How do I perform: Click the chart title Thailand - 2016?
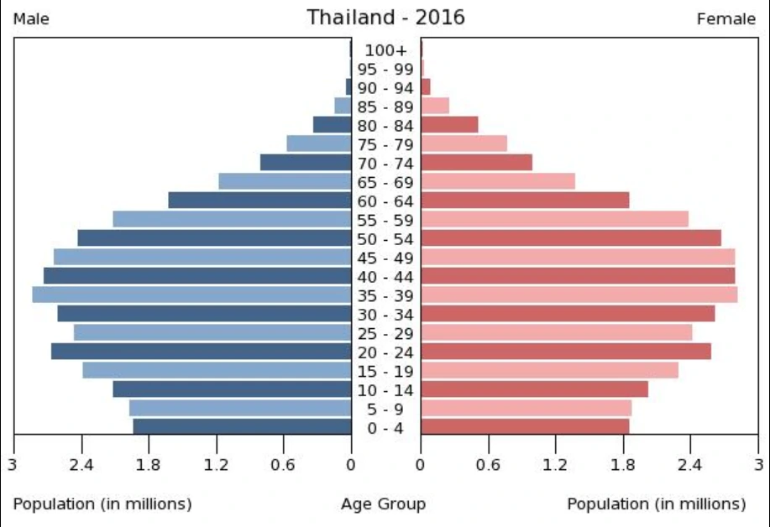pyautogui.click(x=385, y=17)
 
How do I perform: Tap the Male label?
pyautogui.click(x=31, y=19)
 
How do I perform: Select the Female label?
pyautogui.click(x=725, y=19)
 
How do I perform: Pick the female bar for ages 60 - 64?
pyautogui.click(x=525, y=200)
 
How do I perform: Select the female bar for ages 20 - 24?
pyautogui.click(x=566, y=352)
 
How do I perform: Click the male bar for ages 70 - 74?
pyautogui.click(x=306, y=162)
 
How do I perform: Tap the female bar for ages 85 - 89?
pyautogui.click(x=435, y=106)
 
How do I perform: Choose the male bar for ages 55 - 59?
pyautogui.click(x=232, y=219)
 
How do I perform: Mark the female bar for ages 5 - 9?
pyautogui.click(x=526, y=408)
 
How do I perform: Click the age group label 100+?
pyautogui.click(x=385, y=50)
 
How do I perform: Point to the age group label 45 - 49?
pyautogui.click(x=385, y=258)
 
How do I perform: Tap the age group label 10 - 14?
pyautogui.click(x=385, y=390)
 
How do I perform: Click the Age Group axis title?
pyautogui.click(x=383, y=504)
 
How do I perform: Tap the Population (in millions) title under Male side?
pyautogui.click(x=102, y=504)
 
